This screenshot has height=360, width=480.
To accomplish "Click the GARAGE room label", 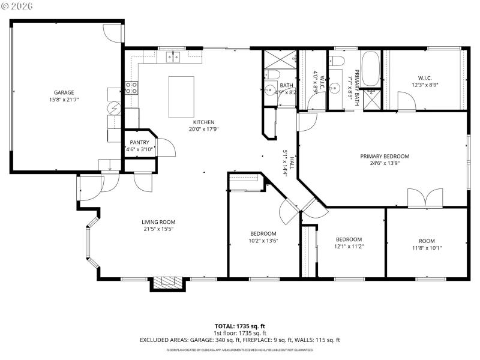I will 64,92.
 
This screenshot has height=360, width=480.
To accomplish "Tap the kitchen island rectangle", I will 182,97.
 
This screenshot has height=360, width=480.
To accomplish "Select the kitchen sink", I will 173,57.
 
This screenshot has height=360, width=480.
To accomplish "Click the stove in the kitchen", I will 131,88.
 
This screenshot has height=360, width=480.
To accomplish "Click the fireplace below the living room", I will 165,283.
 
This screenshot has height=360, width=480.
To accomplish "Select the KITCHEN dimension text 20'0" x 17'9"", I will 203,129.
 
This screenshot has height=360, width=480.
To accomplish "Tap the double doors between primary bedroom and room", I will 425,198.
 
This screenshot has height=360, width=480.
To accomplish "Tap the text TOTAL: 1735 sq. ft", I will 239,326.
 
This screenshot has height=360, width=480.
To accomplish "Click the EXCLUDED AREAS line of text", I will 239,340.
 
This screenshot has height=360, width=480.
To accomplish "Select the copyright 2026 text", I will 17,5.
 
